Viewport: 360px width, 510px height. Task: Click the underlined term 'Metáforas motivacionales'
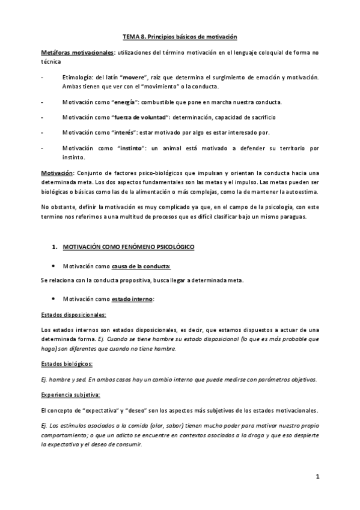[77, 53]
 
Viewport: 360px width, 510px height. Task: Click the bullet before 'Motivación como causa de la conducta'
[55, 265]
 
